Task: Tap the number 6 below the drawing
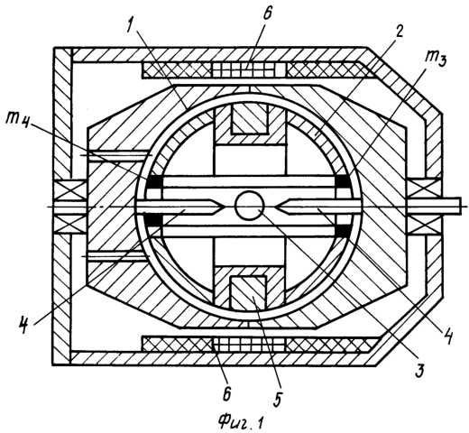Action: [227, 392]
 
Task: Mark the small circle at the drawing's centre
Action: [250, 206]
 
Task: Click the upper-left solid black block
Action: [154, 181]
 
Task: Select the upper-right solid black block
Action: [343, 181]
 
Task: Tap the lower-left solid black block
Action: [153, 220]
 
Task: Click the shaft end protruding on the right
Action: [449, 206]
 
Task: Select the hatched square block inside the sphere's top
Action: [249, 119]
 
